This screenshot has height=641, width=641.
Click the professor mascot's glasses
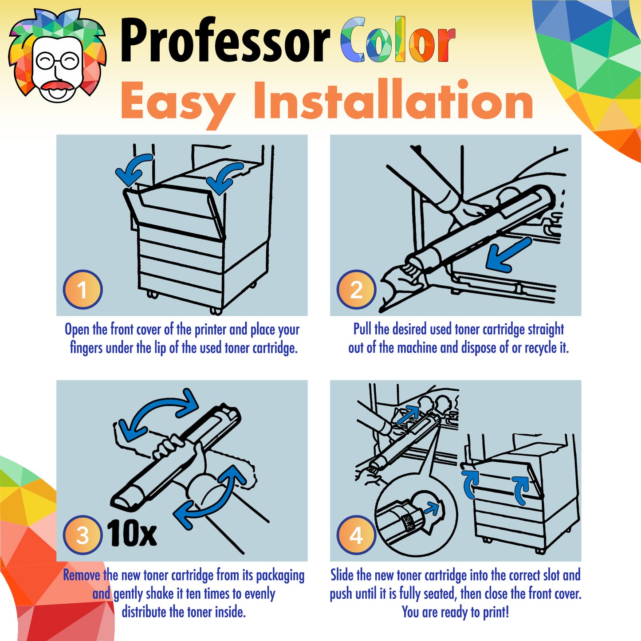pos(58,61)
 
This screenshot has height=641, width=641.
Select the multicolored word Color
pos(398,41)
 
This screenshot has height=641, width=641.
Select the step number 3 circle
pos(83,535)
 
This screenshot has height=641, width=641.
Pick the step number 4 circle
pos(356,535)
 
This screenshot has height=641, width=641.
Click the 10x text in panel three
pos(132,533)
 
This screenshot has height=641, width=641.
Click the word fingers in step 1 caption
pos(87,348)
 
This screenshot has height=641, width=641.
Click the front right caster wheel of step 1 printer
pos(216,311)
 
